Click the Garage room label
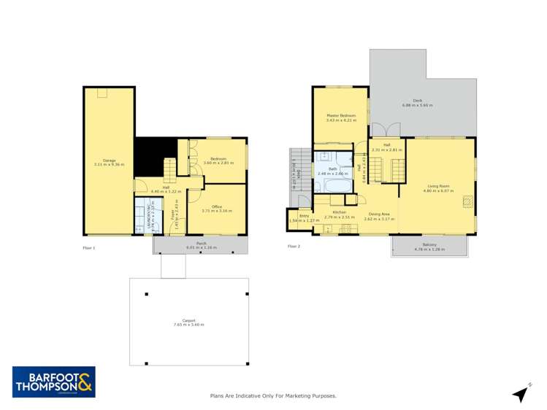[x=109, y=160]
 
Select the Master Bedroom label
[x=341, y=115]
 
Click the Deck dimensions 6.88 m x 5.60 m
[x=417, y=106]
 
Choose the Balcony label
[x=429, y=244]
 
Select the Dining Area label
[x=378, y=214]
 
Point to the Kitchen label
[x=339, y=213]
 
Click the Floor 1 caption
[x=88, y=248]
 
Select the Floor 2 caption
[x=294, y=247]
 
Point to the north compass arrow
[x=520, y=394]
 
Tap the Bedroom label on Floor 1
[x=218, y=158]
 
